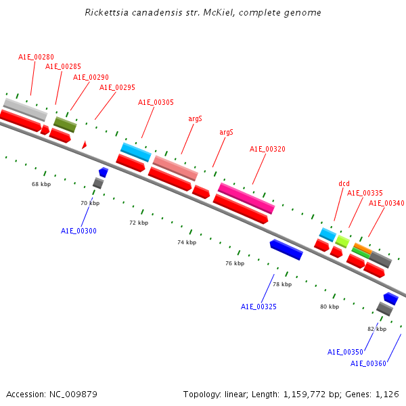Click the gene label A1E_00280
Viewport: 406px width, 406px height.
[x=36, y=57]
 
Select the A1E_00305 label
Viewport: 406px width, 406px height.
[x=156, y=102]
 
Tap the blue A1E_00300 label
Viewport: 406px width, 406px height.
[x=78, y=231]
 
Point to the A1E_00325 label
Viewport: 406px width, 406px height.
[x=258, y=307]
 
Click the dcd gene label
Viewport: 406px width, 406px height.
[x=344, y=183]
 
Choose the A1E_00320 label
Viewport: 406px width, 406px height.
[x=267, y=149]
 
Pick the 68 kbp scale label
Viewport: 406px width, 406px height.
[x=41, y=184]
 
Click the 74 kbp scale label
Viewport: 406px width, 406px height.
[x=187, y=242]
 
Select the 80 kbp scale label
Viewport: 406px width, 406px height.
[x=330, y=307]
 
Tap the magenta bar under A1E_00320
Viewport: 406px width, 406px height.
[x=246, y=198]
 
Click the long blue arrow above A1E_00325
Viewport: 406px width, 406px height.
[x=286, y=250]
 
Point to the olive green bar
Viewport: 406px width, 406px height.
[x=65, y=125]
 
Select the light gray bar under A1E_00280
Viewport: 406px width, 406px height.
[x=26, y=110]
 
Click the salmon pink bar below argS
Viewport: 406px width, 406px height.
[x=175, y=168]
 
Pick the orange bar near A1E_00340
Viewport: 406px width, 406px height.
[x=363, y=248]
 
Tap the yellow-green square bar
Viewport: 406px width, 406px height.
[x=342, y=242]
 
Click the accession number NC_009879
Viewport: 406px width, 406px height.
[x=73, y=394]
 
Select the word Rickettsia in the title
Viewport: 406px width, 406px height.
[x=107, y=12]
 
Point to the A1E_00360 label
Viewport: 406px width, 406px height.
[x=368, y=363]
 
